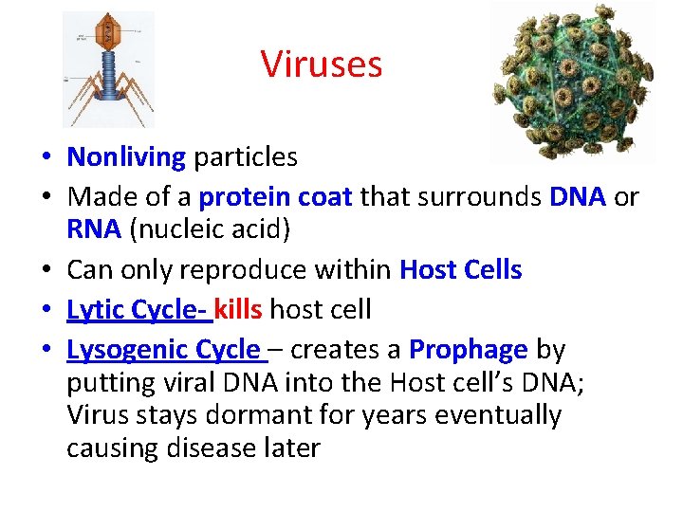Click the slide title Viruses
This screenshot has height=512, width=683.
(322, 64)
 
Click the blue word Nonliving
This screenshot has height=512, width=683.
(126, 156)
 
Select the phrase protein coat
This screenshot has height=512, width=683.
(276, 196)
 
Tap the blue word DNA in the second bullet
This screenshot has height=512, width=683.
(578, 196)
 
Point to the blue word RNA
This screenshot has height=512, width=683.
(94, 229)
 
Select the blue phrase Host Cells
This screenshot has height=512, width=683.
(460, 270)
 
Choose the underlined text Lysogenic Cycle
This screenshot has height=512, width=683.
(162, 349)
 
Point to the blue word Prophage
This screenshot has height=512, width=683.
(468, 349)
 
